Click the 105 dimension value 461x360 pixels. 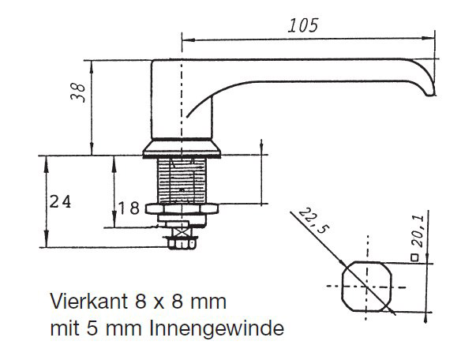[x=303, y=25]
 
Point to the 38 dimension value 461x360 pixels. [x=78, y=92]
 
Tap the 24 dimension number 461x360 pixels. [x=60, y=202]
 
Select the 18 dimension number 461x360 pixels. [x=129, y=208]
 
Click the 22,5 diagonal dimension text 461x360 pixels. [x=313, y=220]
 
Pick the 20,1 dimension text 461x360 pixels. [x=418, y=231]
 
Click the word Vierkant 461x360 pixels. [x=89, y=302]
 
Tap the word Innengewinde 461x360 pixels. [x=217, y=328]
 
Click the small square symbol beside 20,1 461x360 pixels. [x=414, y=257]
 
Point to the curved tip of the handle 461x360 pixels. [x=430, y=88]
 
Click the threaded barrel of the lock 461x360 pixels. [x=182, y=180]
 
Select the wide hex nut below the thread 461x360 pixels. [x=182, y=209]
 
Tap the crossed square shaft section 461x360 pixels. [x=180, y=232]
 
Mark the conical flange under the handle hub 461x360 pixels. [x=182, y=149]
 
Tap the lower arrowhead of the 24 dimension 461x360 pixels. [x=46, y=240]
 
